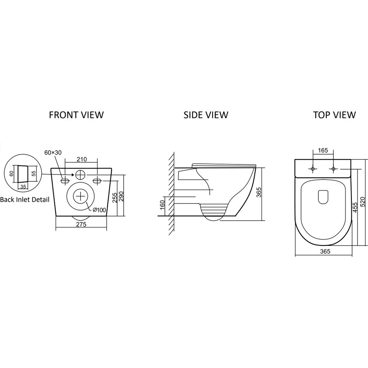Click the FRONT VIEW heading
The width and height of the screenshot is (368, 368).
[76, 115]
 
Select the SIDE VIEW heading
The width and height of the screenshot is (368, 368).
[206, 115]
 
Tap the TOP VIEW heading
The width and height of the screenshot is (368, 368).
[335, 115]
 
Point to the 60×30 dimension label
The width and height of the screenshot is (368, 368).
[53, 153]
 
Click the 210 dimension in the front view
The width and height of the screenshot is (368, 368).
[81, 159]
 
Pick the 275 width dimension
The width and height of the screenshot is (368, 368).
[81, 224]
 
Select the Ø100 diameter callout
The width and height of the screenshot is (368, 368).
[99, 210]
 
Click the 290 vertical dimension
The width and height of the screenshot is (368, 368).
[121, 197]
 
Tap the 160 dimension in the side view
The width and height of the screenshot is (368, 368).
[162, 205]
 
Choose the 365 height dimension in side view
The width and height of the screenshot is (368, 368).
[259, 192]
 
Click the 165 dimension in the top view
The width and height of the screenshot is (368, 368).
[323, 151]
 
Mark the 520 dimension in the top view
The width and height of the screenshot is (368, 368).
[362, 202]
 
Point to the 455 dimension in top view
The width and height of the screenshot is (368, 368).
[355, 208]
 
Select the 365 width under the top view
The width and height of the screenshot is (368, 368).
[325, 251]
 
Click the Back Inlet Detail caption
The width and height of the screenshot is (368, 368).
[25, 200]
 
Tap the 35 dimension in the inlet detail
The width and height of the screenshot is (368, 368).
[23, 187]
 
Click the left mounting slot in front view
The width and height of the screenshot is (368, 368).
[65, 181]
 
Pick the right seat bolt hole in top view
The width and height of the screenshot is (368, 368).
[333, 169]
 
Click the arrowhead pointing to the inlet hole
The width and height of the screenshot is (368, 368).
[72, 174]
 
